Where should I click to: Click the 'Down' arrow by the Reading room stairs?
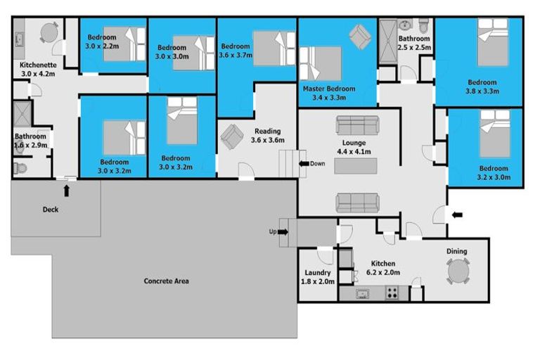coord(304,164)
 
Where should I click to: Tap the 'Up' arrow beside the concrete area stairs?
coord(283,232)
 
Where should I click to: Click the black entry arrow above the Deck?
coord(67,191)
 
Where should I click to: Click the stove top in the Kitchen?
coord(392,292)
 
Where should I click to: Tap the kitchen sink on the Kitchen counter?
coord(362,294)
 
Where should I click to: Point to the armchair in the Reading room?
coord(232,136)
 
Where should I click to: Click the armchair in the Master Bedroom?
coord(360,37)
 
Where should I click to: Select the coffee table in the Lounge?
coord(355,166)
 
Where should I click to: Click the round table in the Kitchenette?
coord(49,33)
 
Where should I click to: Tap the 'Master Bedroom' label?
coord(329,89)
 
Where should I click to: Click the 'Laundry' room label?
coord(318,273)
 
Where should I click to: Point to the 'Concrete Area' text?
coord(167,281)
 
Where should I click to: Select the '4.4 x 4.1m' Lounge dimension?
coord(354,152)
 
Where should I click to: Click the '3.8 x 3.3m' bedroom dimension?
coord(482,91)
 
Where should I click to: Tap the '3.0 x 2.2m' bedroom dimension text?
coord(102,46)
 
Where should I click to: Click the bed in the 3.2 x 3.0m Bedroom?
coord(495,134)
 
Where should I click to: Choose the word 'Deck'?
coord(51,210)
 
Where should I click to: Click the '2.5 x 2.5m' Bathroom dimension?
coord(414,48)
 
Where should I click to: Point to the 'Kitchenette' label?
coord(38,65)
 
